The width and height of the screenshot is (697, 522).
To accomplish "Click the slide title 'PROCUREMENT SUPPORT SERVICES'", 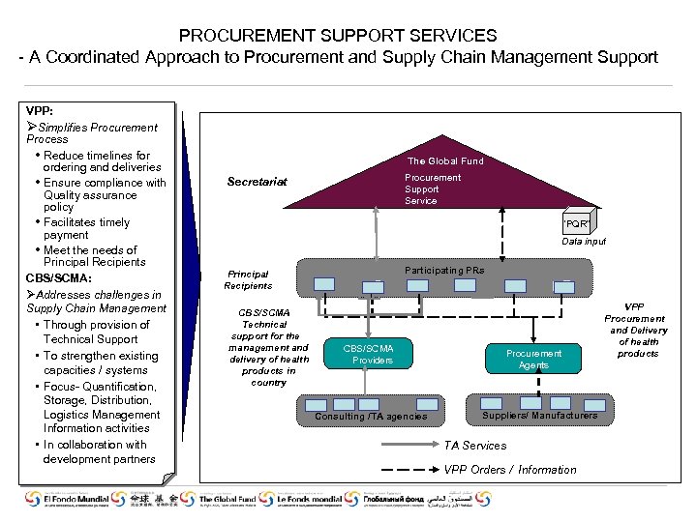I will (338, 35).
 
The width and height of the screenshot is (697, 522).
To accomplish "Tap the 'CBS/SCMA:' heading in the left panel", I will (59, 278).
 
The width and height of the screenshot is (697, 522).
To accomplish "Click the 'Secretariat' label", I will (257, 182).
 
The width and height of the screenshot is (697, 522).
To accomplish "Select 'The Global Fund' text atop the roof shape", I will (444, 160).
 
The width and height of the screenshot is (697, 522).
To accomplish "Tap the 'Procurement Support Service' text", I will (433, 189).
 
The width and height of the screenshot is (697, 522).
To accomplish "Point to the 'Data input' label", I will (584, 242).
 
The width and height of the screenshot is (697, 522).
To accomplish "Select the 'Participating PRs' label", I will (444, 271).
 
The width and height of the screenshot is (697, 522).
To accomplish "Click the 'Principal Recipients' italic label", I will (248, 279).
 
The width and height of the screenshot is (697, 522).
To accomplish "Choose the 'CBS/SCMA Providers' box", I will (373, 354).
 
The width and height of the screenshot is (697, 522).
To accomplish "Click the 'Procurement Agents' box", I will (533, 359).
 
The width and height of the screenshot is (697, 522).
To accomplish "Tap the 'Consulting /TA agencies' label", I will (371, 417).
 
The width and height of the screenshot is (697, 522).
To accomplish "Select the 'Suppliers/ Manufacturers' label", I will (539, 416).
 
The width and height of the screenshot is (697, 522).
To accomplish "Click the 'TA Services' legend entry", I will (474, 446).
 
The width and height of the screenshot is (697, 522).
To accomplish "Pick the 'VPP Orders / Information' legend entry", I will (509, 470).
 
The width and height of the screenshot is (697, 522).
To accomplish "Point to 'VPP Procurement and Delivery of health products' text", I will (637, 330).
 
